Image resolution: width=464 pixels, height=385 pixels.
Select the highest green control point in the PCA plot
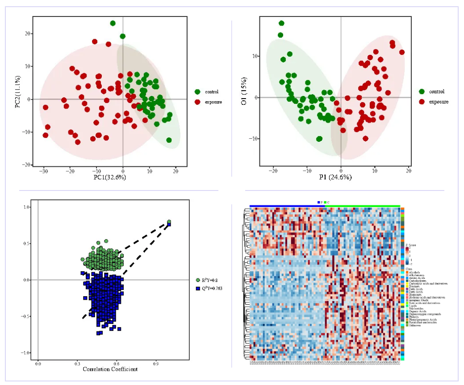point(113,23)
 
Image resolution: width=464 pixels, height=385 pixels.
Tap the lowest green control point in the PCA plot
point(169,140)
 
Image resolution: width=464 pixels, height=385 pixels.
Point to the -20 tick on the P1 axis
point(272,171)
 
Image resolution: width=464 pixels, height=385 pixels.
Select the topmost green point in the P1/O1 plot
point(281,23)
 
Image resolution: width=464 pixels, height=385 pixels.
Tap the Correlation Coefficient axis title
point(110,369)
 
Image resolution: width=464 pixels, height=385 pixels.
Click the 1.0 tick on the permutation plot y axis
point(26,207)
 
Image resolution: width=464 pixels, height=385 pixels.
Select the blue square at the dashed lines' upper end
point(169,224)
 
